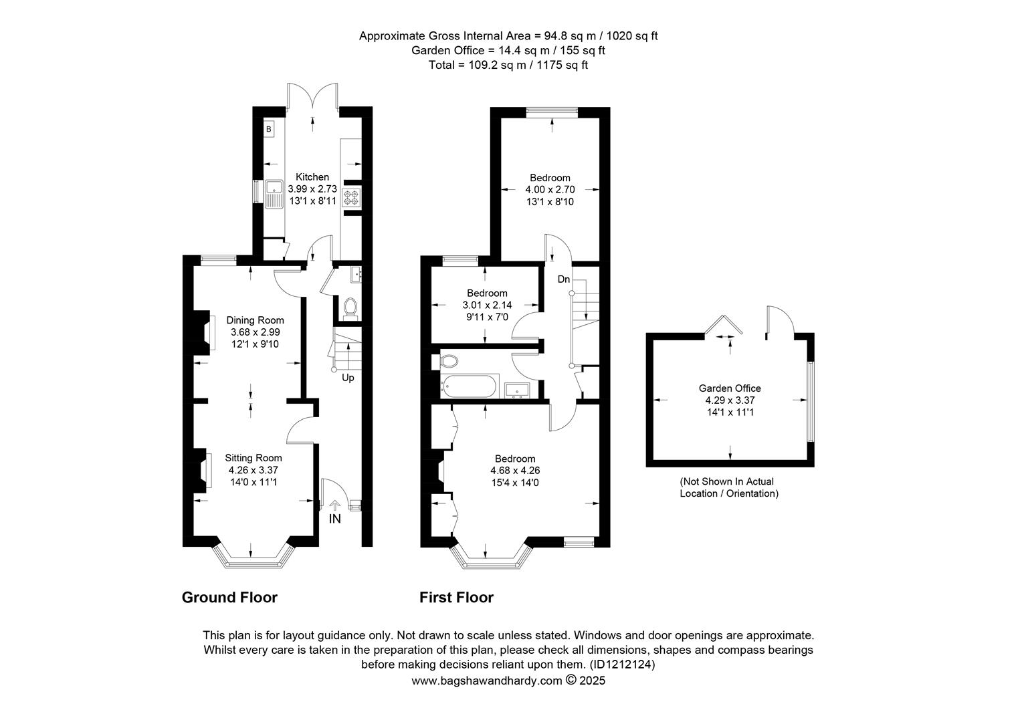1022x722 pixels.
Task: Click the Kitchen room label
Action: coord(312,177)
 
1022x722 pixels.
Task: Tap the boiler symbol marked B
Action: coord(269,129)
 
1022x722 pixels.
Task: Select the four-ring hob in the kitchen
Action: coord(351,197)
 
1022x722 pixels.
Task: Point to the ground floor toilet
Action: coord(350,308)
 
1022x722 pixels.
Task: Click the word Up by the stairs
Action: coord(348,378)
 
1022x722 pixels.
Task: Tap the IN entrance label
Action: coord(335,519)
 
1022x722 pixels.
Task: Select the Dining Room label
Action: coord(255,320)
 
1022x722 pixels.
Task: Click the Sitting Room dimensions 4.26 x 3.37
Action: coord(253,470)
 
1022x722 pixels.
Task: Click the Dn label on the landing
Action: coord(564,279)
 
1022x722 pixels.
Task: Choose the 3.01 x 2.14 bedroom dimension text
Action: coord(488,305)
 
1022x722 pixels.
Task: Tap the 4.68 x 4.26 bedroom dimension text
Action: coord(515,470)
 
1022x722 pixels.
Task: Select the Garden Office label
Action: coord(730,388)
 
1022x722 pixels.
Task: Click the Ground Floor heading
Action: coord(229,597)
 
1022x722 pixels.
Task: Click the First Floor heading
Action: coord(456,597)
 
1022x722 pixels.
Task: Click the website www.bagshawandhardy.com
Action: coord(487,681)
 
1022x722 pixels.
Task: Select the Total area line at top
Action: coord(508,65)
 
